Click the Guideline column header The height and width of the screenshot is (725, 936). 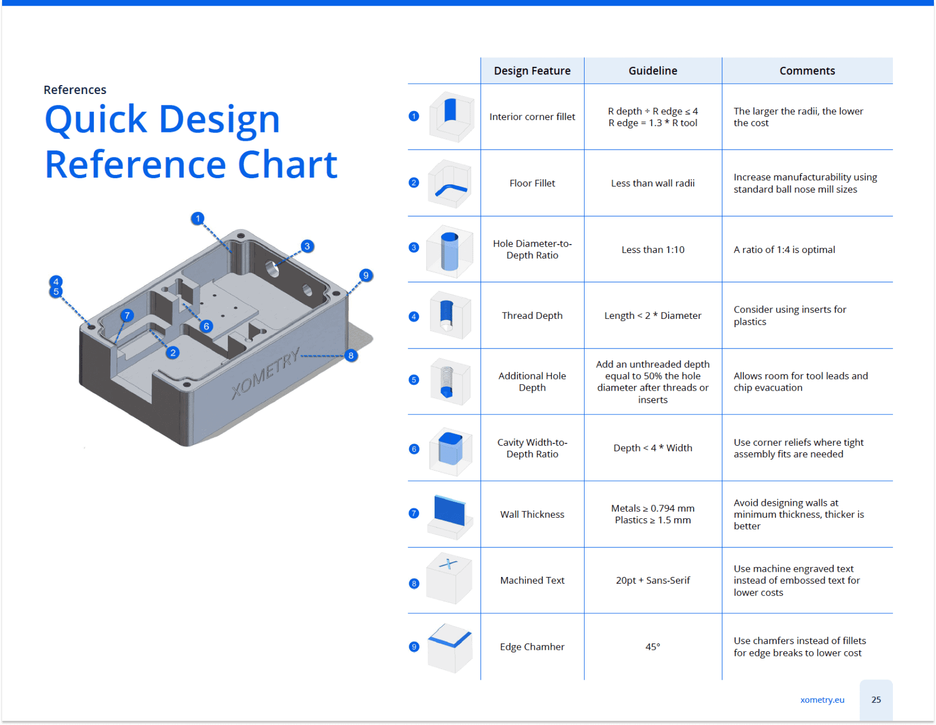653,71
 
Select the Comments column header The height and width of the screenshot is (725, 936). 807,71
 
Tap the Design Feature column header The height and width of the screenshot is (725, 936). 532,71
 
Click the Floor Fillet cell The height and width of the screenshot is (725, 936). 532,183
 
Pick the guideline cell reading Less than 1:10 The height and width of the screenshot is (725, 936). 653,250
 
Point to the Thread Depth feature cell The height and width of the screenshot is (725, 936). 532,316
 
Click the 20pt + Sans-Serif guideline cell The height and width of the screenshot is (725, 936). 653,581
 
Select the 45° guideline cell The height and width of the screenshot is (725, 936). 653,647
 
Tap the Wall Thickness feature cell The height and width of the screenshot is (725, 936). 532,515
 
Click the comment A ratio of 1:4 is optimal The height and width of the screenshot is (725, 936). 784,250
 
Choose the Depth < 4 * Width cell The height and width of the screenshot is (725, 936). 653,448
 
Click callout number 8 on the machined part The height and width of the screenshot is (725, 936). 351,356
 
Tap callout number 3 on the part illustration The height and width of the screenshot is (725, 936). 307,246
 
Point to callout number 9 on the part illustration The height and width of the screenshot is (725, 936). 366,275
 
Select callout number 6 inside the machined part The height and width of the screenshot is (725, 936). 207,326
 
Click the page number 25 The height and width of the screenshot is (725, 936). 876,700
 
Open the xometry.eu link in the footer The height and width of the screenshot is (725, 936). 822,700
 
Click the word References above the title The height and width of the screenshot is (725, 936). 75,90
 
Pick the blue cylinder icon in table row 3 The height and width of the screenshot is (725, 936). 450,252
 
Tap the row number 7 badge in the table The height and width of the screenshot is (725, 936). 414,514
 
